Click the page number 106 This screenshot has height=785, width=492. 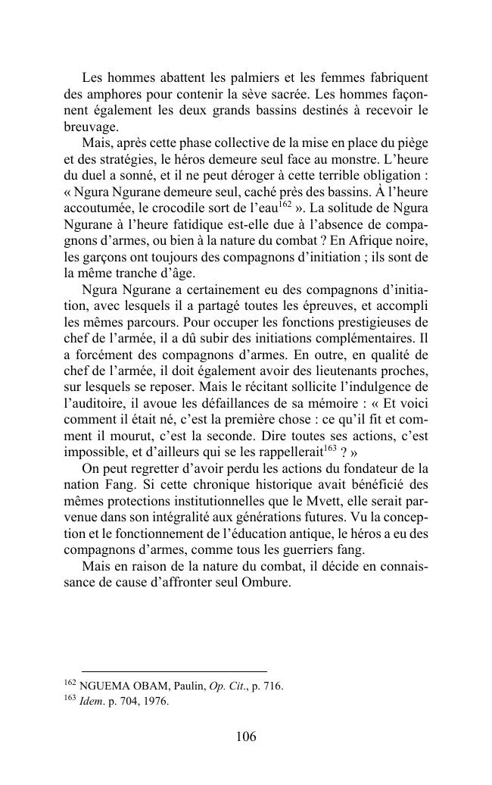click(247, 737)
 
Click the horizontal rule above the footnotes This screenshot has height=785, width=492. click(173, 671)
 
